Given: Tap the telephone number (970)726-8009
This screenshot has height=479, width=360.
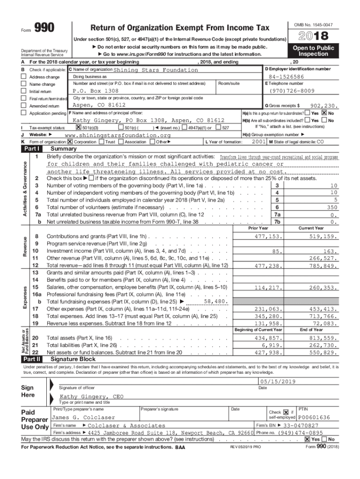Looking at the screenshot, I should (x=292, y=91).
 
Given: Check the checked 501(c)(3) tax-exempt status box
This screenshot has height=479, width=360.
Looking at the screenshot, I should (x=78, y=128).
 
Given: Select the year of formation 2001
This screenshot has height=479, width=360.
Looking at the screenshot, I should (x=259, y=141).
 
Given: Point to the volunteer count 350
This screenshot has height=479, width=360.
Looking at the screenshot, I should (x=332, y=207).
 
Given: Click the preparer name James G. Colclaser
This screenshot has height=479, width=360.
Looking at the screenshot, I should (x=83, y=417).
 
